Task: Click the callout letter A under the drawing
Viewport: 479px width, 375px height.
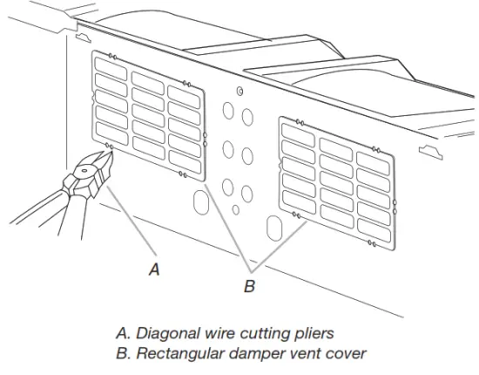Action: [x=154, y=269]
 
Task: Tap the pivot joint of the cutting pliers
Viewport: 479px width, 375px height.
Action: [x=86, y=173]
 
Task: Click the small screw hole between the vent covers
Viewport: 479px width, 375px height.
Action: [x=239, y=90]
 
